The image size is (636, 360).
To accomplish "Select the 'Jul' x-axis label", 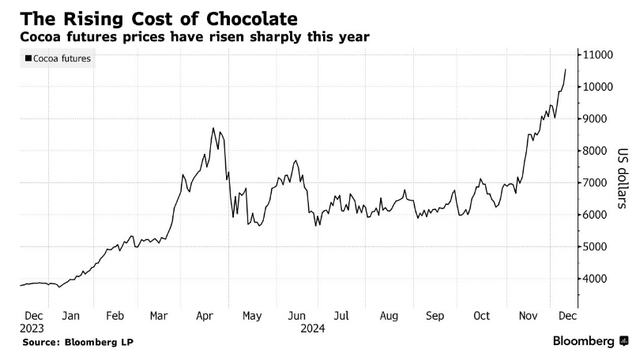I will [x=341, y=316].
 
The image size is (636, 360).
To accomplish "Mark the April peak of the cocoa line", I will [x=213, y=129].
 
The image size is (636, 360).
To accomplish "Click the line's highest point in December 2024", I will [x=565, y=69].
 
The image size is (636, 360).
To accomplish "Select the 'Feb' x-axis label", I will [x=115, y=316].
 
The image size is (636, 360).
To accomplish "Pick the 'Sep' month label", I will [x=435, y=316].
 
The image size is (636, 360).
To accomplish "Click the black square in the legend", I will [x=28, y=58].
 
